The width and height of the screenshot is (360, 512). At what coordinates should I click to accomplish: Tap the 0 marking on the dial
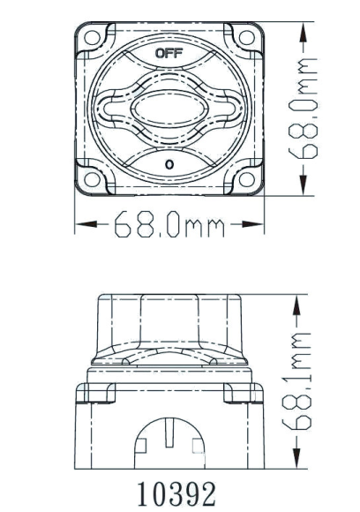(x=168, y=164)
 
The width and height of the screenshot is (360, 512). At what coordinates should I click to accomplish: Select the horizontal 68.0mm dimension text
(x=169, y=228)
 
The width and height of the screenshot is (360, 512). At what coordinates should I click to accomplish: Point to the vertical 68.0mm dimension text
(x=308, y=109)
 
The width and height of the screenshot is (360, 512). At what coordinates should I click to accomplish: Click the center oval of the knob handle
(x=168, y=111)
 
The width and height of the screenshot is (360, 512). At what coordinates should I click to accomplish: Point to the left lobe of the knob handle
(x=114, y=111)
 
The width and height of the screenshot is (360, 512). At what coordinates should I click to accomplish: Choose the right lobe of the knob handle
(x=222, y=111)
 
